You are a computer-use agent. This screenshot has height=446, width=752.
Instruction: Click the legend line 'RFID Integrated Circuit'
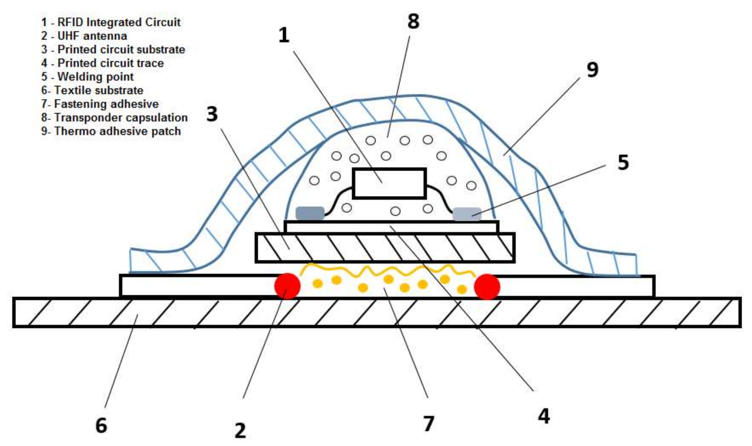pos(111,22)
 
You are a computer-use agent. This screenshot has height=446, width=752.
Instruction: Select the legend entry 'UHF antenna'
pos(84,36)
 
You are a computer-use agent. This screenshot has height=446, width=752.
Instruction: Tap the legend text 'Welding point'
pos(87,76)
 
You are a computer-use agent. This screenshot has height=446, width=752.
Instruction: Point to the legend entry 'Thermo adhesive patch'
pos(111,131)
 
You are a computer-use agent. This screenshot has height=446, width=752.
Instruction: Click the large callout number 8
pos(413,21)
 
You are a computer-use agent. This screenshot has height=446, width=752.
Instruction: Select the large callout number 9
pos(592,70)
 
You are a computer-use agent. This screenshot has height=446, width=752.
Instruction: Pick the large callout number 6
pos(101,425)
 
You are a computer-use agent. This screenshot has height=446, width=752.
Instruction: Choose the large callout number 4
pos(544,416)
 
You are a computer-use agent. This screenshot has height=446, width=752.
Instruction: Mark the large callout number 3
pos(212,114)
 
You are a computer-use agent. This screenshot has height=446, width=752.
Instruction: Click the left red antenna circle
pos(287,286)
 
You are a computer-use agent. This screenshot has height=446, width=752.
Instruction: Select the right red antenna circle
pos(487,287)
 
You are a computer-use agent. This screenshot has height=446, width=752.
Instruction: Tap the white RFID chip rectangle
pos(389,183)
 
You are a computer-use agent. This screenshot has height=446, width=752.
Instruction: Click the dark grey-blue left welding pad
pos(310,213)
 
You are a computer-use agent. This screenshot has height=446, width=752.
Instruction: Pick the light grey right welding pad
pos(467,214)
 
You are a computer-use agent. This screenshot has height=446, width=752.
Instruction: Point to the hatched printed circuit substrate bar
pos(385,248)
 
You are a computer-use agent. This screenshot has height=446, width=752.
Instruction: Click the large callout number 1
pos(284,35)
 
